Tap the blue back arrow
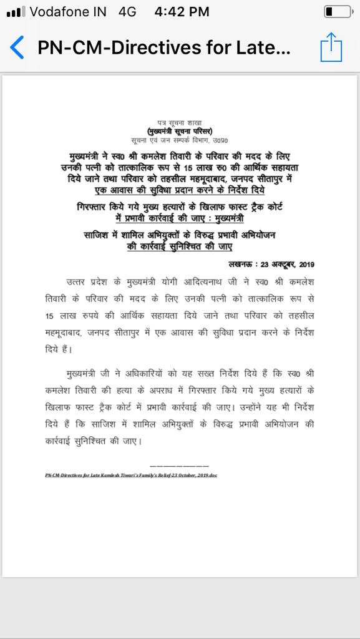pos(17,48)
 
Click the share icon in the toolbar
pos(331,47)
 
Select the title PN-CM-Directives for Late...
pos(163,48)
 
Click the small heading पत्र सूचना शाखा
pos(180,124)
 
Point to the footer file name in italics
pos(131,474)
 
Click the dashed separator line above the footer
pos(180,466)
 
